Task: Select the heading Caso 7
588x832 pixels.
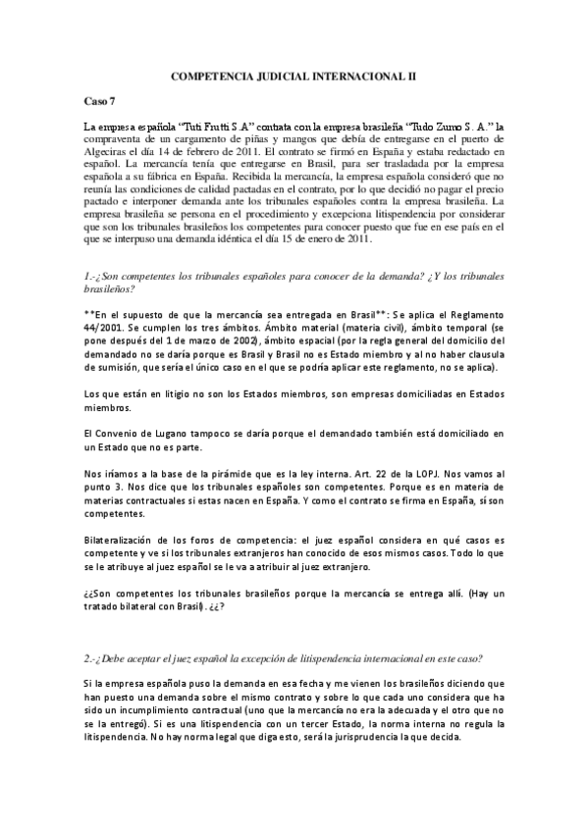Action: [101, 101]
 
